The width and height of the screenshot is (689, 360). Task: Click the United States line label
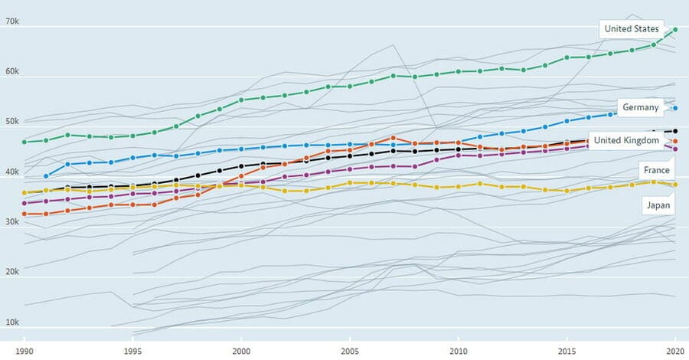point(631,29)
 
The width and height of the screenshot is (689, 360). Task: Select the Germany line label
point(641,107)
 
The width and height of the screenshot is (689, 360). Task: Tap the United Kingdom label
point(626,140)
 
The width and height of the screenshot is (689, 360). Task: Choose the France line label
point(656,170)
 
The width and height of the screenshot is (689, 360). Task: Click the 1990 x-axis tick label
point(24,349)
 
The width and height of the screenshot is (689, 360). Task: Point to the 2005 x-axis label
point(350,349)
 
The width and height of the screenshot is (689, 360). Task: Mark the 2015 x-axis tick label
point(567,349)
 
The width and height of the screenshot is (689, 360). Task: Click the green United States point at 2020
point(675,30)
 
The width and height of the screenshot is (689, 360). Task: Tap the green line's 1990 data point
point(24,142)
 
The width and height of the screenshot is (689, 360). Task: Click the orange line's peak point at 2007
point(393,138)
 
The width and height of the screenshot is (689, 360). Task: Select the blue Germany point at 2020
point(675,108)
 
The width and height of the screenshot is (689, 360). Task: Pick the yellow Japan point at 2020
point(675,185)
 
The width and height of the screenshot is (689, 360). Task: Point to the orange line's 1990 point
point(24,214)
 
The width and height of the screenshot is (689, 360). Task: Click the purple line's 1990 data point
point(24,203)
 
